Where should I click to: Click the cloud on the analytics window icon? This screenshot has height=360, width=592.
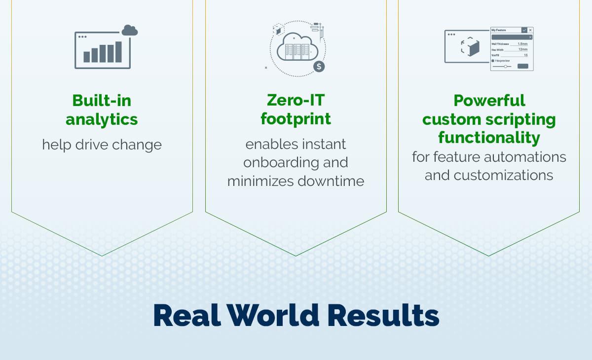pyautogui.click(x=129, y=31)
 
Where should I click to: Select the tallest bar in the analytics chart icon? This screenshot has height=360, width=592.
pyautogui.click(x=118, y=52)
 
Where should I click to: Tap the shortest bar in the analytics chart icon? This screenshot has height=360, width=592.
pyautogui.click(x=87, y=57)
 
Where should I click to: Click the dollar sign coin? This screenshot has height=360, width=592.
pyautogui.click(x=319, y=66)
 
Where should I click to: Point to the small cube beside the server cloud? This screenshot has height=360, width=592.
pyautogui.click(x=278, y=30)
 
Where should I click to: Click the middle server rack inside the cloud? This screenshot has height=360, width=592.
pyautogui.click(x=297, y=51)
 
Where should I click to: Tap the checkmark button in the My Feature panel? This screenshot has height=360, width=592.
pyautogui.click(x=524, y=30)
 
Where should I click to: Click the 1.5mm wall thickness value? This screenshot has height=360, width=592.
pyautogui.click(x=522, y=44)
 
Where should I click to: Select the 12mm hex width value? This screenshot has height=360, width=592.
pyautogui.click(x=523, y=49)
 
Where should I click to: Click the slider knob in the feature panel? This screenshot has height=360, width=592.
pyautogui.click(x=505, y=66)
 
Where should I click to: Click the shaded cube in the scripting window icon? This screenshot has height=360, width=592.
pyautogui.click(x=474, y=48)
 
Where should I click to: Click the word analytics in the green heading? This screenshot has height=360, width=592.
pyautogui.click(x=102, y=119)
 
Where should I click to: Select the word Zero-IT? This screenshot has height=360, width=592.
pyautogui.click(x=296, y=100)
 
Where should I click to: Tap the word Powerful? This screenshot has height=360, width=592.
pyautogui.click(x=489, y=100)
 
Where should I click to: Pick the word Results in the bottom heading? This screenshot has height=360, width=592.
pyautogui.click(x=383, y=315)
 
